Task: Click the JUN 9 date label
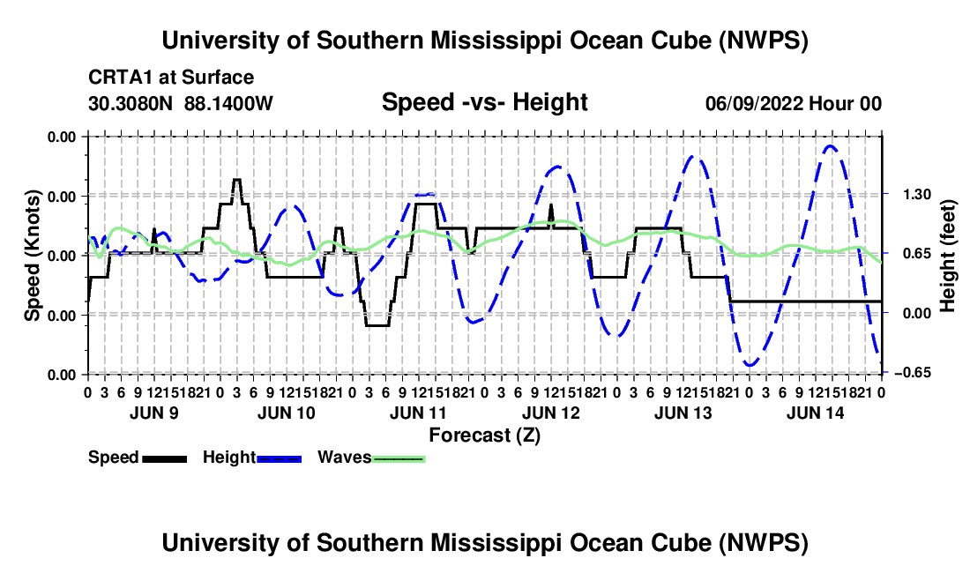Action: coord(154,413)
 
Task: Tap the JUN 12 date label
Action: coord(551,413)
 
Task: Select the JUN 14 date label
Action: coord(816,413)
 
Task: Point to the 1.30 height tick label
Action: coord(917,195)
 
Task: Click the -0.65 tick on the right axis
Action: coord(913,373)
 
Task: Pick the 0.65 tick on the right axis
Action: coord(917,254)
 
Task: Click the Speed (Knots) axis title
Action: coord(32,256)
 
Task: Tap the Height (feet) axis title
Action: coord(947,256)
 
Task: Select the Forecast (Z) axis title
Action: coord(484,435)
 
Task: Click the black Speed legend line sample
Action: coord(165,458)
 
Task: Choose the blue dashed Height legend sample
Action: coord(279,458)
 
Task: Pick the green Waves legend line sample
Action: coord(399,458)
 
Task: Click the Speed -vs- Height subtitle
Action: coord(484,102)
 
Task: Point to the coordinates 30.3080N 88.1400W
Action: coord(180,103)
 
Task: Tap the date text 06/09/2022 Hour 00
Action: coord(794,103)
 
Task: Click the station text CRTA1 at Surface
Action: coord(171,78)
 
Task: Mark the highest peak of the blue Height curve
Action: coord(830,145)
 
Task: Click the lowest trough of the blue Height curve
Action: coord(750,365)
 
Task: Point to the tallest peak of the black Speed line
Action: coord(237,179)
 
